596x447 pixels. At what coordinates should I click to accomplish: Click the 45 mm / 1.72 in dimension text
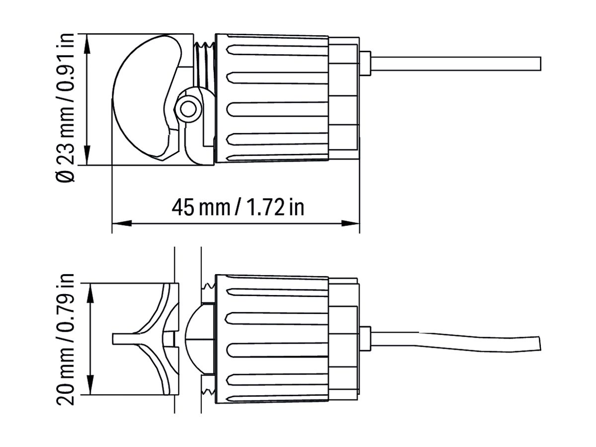tap(237, 207)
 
